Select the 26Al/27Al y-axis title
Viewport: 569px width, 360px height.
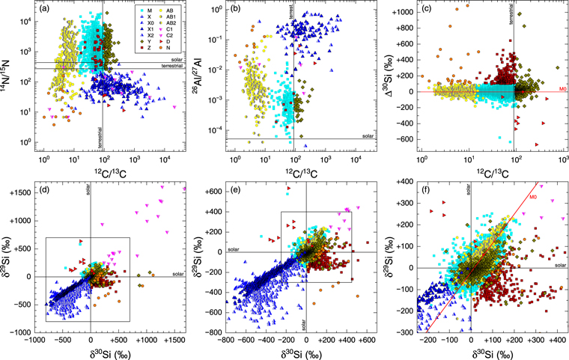(199, 77)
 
